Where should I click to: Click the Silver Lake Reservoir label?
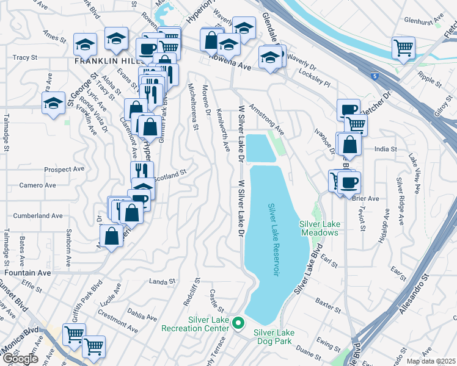272,240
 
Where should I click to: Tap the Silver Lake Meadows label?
319,228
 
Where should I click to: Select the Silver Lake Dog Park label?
274,337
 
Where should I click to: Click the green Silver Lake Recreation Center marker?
239,324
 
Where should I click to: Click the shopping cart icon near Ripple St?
404,48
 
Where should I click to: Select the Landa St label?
162,281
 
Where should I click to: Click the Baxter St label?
328,303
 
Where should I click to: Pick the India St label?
386,149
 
